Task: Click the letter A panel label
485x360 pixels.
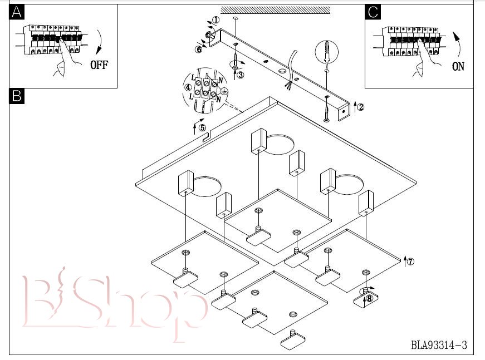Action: pyautogui.click(x=17, y=12)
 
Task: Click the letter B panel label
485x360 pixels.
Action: pyautogui.click(x=17, y=96)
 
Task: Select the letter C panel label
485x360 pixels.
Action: pyautogui.click(x=373, y=12)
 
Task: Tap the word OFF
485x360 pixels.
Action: pyautogui.click(x=99, y=65)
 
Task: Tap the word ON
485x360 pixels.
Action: pyautogui.click(x=458, y=66)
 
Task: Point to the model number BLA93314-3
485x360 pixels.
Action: pyautogui.click(x=439, y=344)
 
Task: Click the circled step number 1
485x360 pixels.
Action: pyautogui.click(x=216, y=20)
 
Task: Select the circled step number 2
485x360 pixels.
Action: pyautogui.click(x=360, y=107)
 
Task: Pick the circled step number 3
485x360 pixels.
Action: pyautogui.click(x=241, y=75)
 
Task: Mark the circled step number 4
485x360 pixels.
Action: pyautogui.click(x=188, y=87)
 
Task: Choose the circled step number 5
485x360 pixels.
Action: pyautogui.click(x=202, y=127)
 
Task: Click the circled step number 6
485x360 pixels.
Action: pyautogui.click(x=198, y=49)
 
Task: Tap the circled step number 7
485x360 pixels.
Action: pyautogui.click(x=410, y=262)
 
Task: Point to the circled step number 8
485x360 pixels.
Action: pyautogui.click(x=369, y=299)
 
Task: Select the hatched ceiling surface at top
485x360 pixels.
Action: pyautogui.click(x=275, y=10)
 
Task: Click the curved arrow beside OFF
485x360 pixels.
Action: pyautogui.click(x=100, y=42)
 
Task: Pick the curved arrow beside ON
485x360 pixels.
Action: pyautogui.click(x=458, y=43)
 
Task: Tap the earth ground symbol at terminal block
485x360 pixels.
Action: pyautogui.click(x=225, y=91)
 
